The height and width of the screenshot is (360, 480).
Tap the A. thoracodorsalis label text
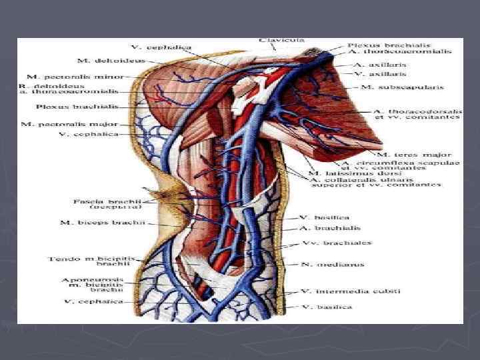click(x=415, y=110)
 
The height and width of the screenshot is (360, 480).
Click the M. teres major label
click(x=416, y=154)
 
